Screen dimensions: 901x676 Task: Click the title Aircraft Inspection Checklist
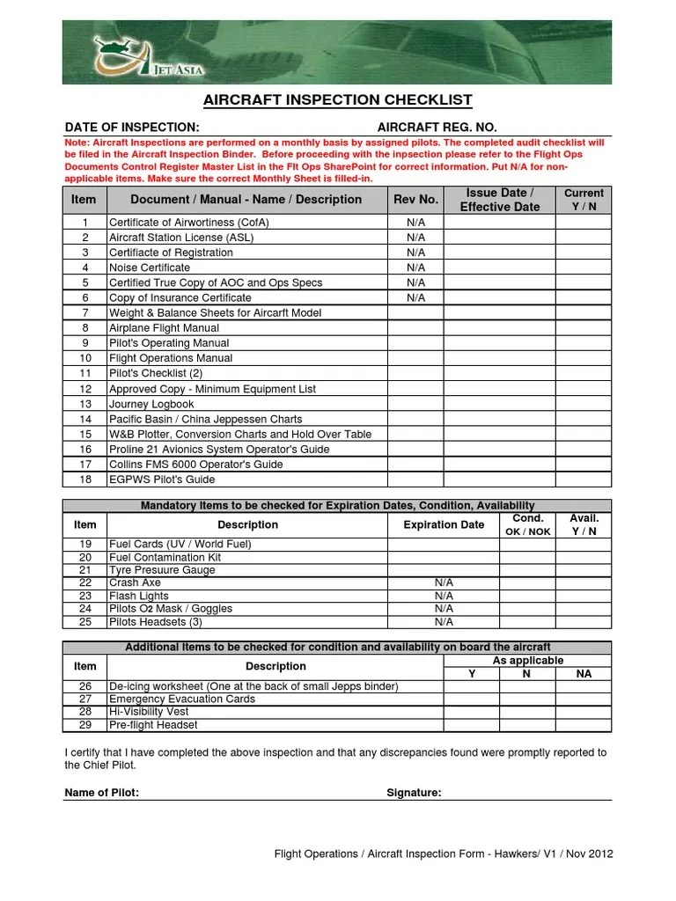[338, 100]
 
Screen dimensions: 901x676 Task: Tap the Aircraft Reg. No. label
[430, 128]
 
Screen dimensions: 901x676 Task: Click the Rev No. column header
[415, 200]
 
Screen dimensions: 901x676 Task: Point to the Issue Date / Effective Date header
[499, 200]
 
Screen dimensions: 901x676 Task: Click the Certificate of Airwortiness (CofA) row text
[188, 223]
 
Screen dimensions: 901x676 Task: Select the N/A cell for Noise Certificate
[415, 267]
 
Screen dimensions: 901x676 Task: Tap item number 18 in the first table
[85, 480]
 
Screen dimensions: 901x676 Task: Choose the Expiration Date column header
[444, 525]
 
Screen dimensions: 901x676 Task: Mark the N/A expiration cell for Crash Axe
[444, 582]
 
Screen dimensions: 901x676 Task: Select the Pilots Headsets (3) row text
[155, 622]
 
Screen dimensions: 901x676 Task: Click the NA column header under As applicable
[584, 674]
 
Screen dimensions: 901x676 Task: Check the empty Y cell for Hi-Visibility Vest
[471, 712]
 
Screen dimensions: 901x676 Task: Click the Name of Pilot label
[102, 793]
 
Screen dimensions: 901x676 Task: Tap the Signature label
[414, 793]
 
